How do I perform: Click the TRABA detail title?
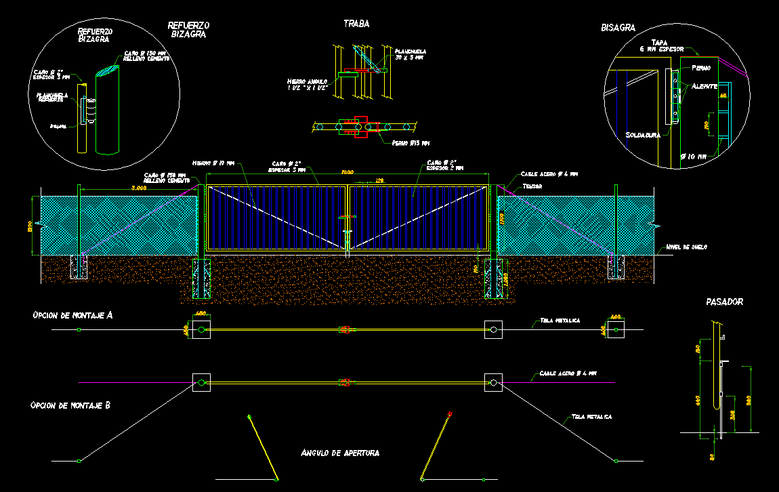click(x=356, y=24)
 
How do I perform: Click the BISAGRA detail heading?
click(x=617, y=28)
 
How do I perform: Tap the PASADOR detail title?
click(x=723, y=302)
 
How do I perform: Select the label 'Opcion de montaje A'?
click(x=71, y=315)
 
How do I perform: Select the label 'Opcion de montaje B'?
click(x=70, y=405)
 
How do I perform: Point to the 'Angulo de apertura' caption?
click(x=340, y=452)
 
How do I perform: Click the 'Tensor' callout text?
click(x=532, y=185)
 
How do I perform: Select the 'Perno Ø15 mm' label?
click(x=410, y=143)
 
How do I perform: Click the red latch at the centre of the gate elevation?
click(x=347, y=218)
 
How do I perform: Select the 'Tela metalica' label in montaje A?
click(x=560, y=321)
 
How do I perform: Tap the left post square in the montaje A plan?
click(x=202, y=330)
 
